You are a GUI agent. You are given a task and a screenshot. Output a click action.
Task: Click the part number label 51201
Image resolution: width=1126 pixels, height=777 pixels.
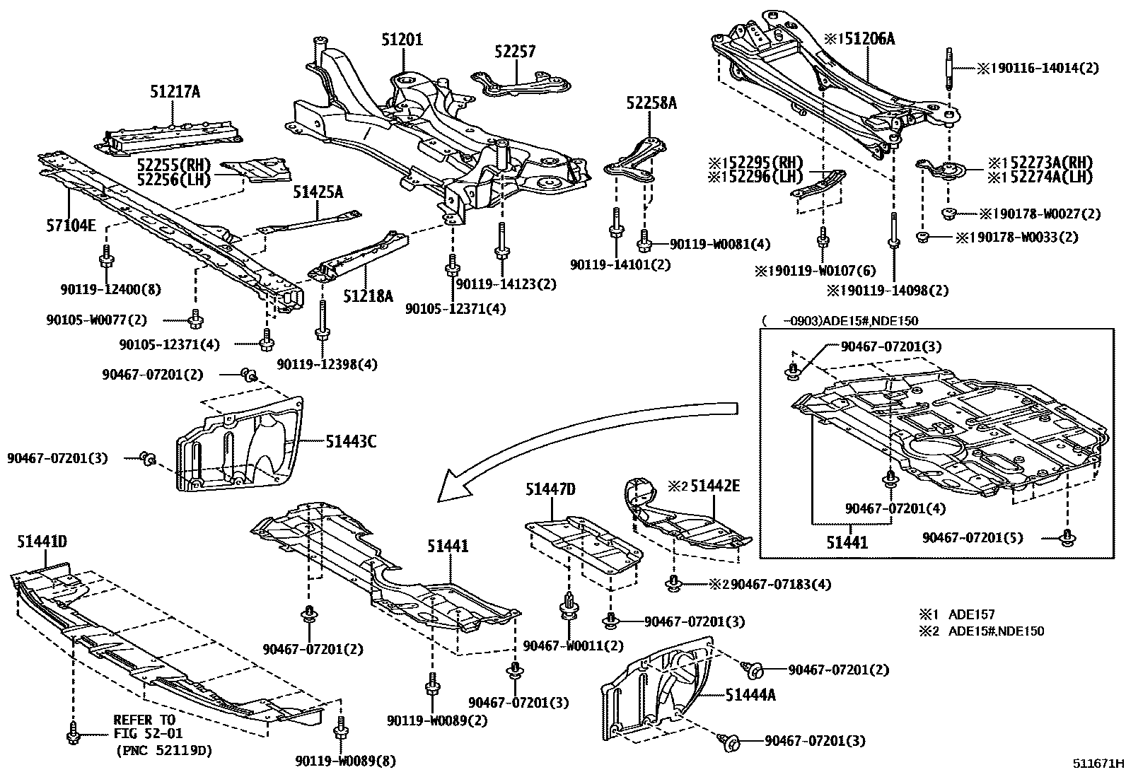402,40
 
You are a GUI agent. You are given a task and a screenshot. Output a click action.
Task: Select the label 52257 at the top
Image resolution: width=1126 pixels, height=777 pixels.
515,52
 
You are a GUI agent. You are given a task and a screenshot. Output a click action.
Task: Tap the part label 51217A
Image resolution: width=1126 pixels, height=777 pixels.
175,91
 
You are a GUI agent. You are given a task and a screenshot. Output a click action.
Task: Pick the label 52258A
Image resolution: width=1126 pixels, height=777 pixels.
651,103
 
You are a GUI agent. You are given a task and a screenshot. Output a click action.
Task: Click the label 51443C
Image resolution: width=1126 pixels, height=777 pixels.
351,443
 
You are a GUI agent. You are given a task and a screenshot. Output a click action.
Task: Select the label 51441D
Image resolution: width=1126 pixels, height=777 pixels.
42,542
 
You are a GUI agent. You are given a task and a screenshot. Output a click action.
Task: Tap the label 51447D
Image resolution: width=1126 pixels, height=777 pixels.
550,489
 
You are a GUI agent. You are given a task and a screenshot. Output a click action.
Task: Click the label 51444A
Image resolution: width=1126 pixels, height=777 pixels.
750,695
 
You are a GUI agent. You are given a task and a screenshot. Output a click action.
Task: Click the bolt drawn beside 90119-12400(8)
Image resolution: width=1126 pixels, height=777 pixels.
105,258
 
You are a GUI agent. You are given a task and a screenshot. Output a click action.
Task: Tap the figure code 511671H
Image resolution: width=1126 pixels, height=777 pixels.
1097,764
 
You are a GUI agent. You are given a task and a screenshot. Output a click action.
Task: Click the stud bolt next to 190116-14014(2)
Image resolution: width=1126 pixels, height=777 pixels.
950,78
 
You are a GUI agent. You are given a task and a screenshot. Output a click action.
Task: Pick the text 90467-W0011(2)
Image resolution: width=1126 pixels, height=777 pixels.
574,645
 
